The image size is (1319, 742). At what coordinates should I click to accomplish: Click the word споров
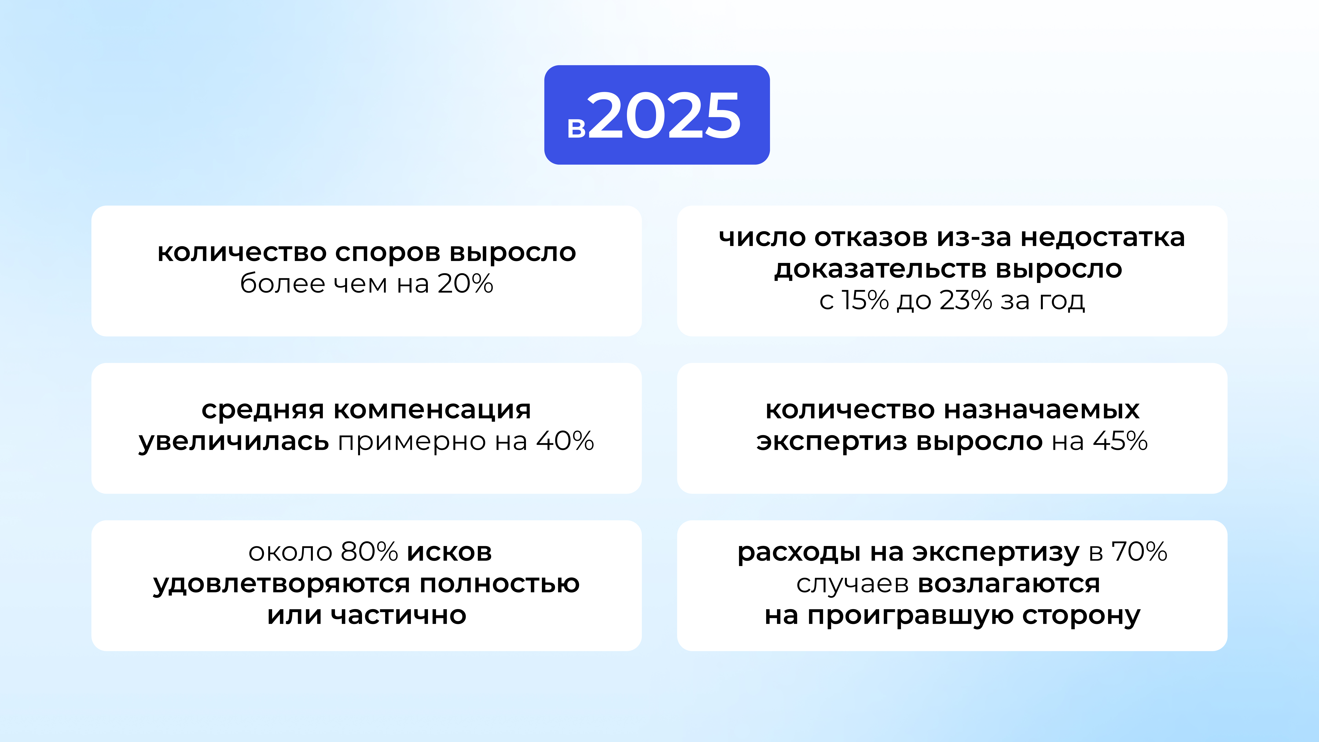(x=387, y=252)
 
